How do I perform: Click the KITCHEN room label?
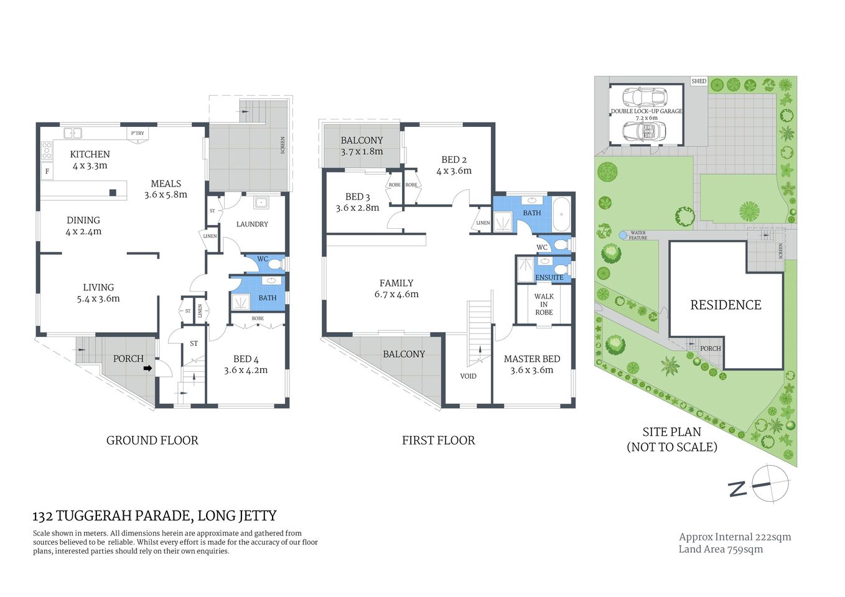(x=90, y=154)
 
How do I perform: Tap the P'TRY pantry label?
(x=138, y=133)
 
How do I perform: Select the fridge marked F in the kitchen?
(x=47, y=171)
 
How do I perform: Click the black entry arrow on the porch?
(x=147, y=369)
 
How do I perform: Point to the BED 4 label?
(x=246, y=359)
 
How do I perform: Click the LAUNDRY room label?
(x=252, y=224)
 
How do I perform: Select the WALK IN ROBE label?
(x=544, y=305)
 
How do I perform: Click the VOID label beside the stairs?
(x=468, y=376)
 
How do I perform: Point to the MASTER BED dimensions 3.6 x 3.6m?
(x=531, y=370)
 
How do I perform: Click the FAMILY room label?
(x=396, y=283)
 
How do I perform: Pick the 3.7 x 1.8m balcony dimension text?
(x=362, y=152)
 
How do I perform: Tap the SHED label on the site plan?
(x=699, y=81)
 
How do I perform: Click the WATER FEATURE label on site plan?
(x=638, y=236)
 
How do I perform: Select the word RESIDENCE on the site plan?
(x=726, y=305)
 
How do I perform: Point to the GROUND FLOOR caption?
(x=152, y=440)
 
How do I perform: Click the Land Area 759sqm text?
(x=721, y=549)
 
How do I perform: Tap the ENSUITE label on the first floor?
(x=549, y=277)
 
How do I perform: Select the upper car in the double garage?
(x=645, y=98)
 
